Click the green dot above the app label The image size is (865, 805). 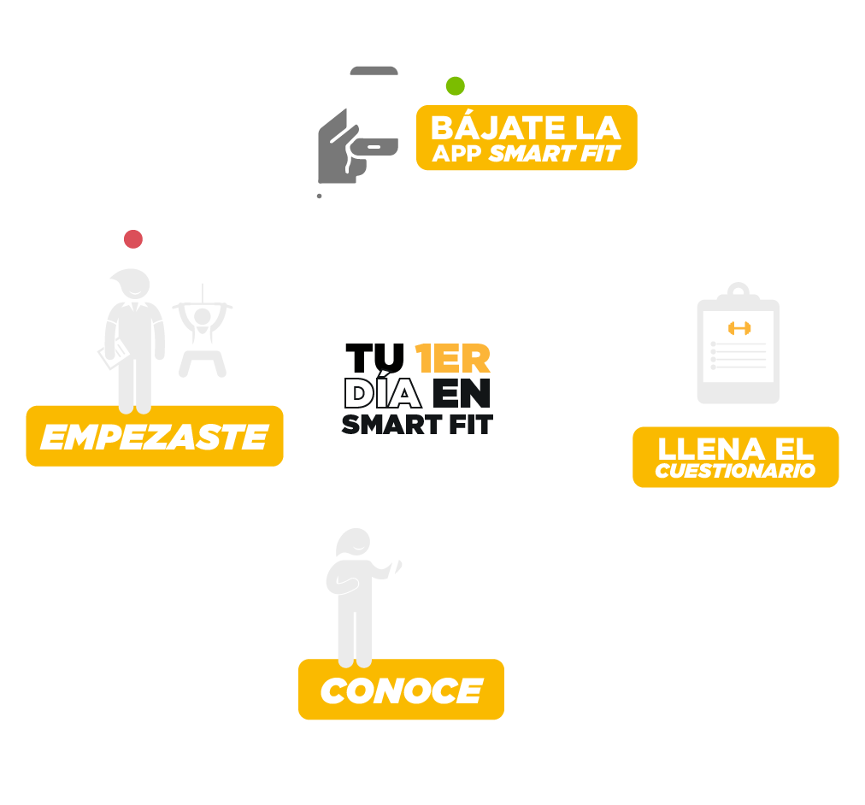456,85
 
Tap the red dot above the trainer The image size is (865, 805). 132,239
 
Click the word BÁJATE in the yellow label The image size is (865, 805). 488,128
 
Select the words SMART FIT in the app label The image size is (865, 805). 554,154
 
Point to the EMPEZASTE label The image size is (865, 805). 154,437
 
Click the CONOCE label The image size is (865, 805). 401,690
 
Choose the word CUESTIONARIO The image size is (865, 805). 735,471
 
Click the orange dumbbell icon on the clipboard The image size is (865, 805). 738,327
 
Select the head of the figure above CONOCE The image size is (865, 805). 352,545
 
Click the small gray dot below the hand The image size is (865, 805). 319,196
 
